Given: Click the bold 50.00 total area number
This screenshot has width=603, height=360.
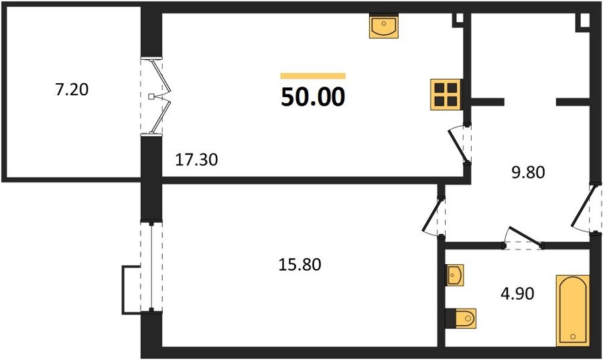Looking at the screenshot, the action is pyautogui.click(x=313, y=97).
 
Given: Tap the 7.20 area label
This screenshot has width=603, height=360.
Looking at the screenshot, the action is pyautogui.click(x=72, y=89).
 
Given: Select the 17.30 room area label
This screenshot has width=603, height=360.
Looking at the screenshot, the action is pyautogui.click(x=196, y=160).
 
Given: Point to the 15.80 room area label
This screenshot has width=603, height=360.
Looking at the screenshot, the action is pyautogui.click(x=299, y=265).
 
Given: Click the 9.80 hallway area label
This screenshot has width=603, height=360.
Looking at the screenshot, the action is pyautogui.click(x=528, y=172).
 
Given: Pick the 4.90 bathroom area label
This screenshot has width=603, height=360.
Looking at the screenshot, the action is pyautogui.click(x=517, y=294).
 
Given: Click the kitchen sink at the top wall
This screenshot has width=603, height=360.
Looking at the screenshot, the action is pyautogui.click(x=383, y=25).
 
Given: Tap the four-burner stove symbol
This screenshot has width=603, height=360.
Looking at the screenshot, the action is pyautogui.click(x=446, y=95).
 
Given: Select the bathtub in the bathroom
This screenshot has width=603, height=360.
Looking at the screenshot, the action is pyautogui.click(x=573, y=310).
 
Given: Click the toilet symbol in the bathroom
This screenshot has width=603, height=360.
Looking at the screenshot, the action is pyautogui.click(x=461, y=318).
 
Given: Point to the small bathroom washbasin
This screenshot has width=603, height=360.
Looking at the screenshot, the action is pyautogui.click(x=454, y=275).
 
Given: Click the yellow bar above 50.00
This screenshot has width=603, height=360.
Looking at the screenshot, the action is pyautogui.click(x=313, y=76).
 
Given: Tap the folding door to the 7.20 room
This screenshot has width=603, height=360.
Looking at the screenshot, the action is pyautogui.click(x=155, y=96).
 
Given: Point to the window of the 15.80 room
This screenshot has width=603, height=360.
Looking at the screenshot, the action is pyautogui.click(x=151, y=267).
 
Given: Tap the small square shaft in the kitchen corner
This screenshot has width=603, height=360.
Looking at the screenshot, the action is pyautogui.click(x=458, y=20).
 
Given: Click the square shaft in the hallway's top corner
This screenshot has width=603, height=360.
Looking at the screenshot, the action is pyautogui.click(x=583, y=22).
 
